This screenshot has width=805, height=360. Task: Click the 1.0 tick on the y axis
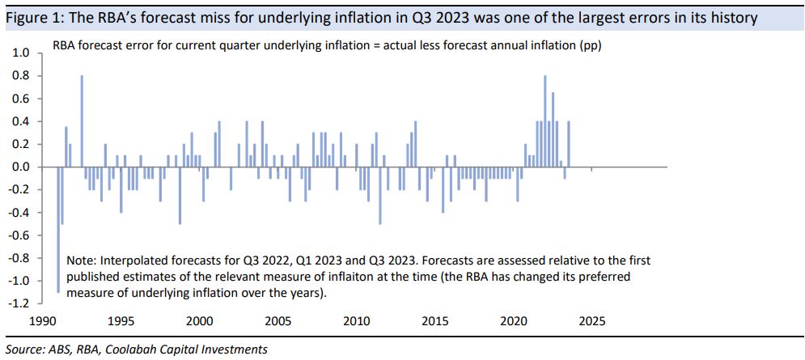(21, 53)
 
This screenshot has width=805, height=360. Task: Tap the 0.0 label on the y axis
(21, 167)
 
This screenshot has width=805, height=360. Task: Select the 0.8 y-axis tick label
(21, 75)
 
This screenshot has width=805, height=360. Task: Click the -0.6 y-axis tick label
(19, 235)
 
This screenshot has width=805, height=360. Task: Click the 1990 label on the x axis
(42, 320)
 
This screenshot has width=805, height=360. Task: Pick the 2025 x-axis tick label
(591, 320)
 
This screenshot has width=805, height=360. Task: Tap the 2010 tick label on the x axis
(356, 320)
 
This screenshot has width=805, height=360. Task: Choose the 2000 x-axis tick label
(199, 320)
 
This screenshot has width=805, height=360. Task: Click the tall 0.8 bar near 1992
(82, 121)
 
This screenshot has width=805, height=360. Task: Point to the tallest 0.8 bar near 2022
(545, 121)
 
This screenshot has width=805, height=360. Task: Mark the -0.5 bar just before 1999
(180, 195)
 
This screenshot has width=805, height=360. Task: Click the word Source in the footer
(25, 349)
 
